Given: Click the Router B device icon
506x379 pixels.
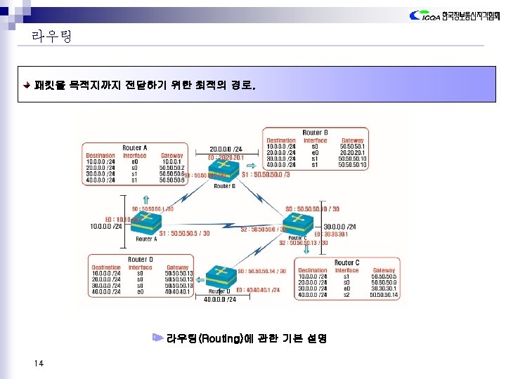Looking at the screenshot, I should pyautogui.click(x=223, y=173).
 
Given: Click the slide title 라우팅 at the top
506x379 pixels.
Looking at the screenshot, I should pyautogui.click(x=51, y=36).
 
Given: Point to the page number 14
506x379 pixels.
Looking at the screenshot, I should pyautogui.click(x=38, y=362).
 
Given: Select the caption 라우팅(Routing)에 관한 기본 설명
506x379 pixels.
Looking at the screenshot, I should pyautogui.click(x=246, y=338).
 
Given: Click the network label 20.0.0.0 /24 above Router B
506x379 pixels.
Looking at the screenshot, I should pyautogui.click(x=226, y=149).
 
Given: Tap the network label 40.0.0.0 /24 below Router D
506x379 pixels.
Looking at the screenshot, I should pyautogui.click(x=219, y=299).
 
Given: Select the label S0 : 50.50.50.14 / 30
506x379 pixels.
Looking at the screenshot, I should pyautogui.click(x=262, y=271).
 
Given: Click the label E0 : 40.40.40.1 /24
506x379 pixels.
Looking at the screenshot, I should pyautogui.click(x=258, y=289).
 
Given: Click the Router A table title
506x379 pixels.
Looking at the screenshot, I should pyautogui.click(x=134, y=148).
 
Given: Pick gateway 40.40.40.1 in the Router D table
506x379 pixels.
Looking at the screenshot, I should pyautogui.click(x=178, y=292).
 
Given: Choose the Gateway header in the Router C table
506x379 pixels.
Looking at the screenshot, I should pyautogui.click(x=384, y=270).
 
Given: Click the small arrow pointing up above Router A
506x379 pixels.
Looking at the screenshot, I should pyautogui.click(x=145, y=199).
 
